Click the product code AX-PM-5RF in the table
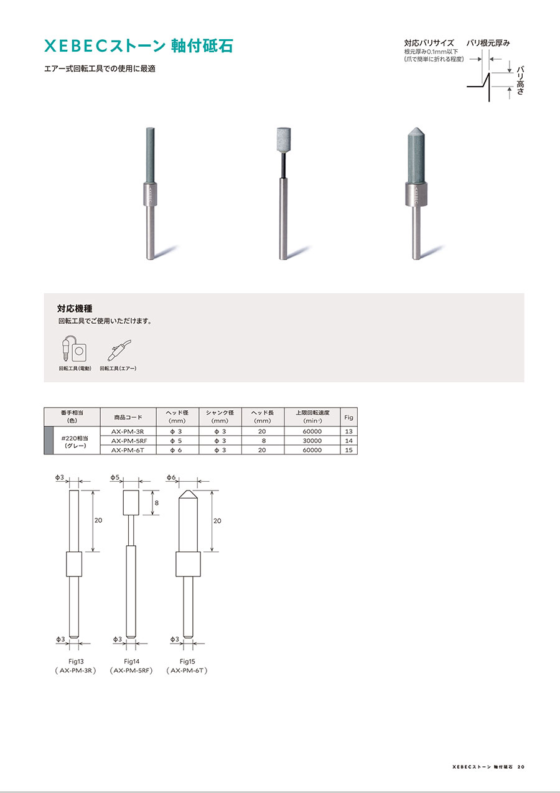(x=129, y=441)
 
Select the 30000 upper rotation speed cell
(x=312, y=441)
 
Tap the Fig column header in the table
(x=348, y=417)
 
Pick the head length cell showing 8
(x=263, y=441)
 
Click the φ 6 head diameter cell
(x=176, y=450)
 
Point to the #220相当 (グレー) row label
(x=75, y=442)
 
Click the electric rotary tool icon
(x=74, y=348)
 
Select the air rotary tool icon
(x=119, y=350)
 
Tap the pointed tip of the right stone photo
(x=416, y=128)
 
